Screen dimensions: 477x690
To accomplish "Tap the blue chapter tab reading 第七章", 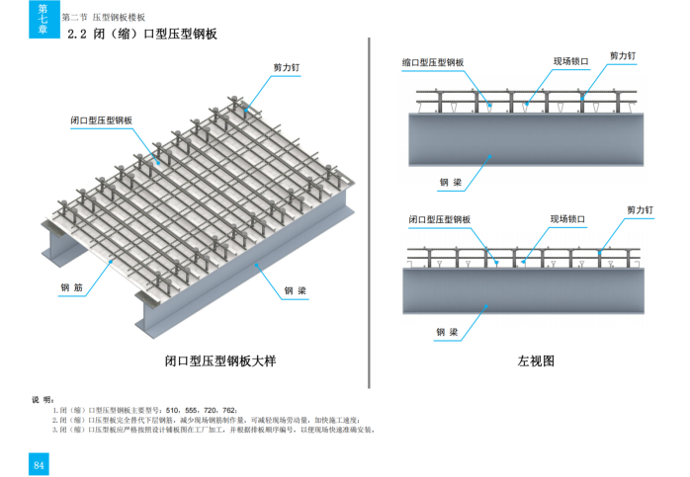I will pyautogui.click(x=42, y=19).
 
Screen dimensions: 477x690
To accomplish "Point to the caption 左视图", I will pyautogui.click(x=536, y=361).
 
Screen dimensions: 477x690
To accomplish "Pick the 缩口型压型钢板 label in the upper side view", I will pyautogui.click(x=433, y=62).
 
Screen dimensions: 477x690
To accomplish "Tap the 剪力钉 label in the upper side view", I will pyautogui.click(x=623, y=56).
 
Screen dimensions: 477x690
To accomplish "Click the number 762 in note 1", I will pyautogui.click(x=229, y=410).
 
